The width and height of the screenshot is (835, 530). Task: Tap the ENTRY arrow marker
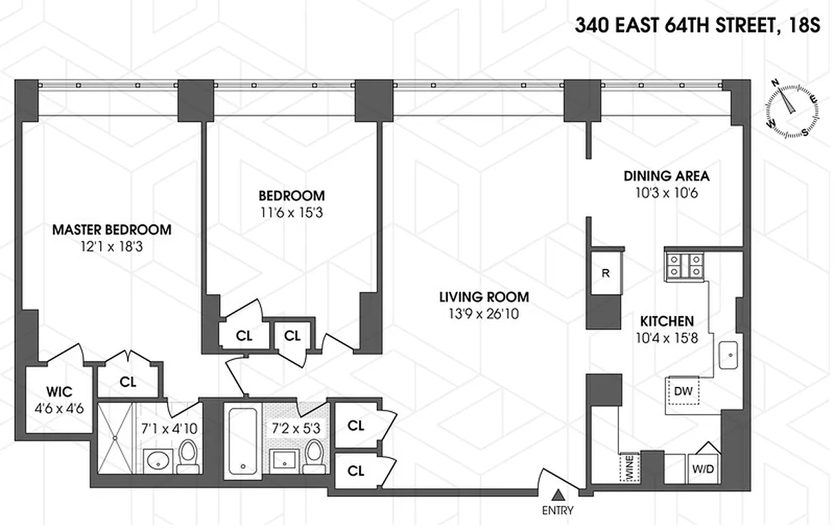[x=559, y=494]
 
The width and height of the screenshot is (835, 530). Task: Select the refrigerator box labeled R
[x=606, y=272]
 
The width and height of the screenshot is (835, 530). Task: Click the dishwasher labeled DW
[x=683, y=392]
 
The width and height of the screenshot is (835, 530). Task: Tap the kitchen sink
[x=729, y=356]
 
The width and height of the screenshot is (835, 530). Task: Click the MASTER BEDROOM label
[x=111, y=230]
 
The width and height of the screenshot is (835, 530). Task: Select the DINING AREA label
[x=666, y=176]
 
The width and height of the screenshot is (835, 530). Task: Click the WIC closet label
[x=58, y=390]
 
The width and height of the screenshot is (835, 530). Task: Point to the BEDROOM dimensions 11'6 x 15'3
[x=292, y=213]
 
